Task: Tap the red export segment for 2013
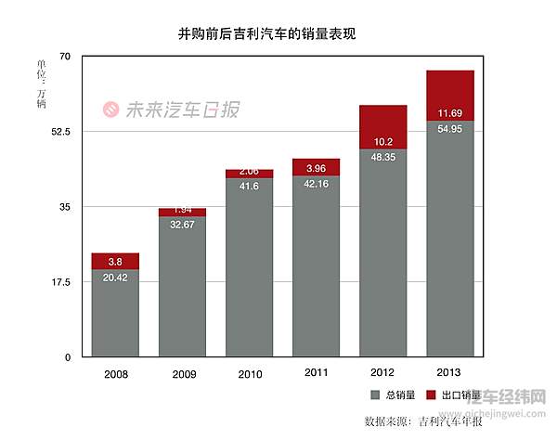pyautogui.click(x=449, y=95)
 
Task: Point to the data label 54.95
pyautogui.click(x=449, y=128)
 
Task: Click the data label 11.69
pyautogui.click(x=449, y=113)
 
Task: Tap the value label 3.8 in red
pyautogui.click(x=115, y=262)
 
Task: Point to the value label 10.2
pyautogui.click(x=382, y=142)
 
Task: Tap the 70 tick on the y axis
pyautogui.click(x=65, y=57)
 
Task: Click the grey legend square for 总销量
pyautogui.click(x=376, y=395)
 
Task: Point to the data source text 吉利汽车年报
pyautogui.click(x=450, y=421)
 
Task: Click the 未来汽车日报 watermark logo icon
pyautogui.click(x=110, y=110)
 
